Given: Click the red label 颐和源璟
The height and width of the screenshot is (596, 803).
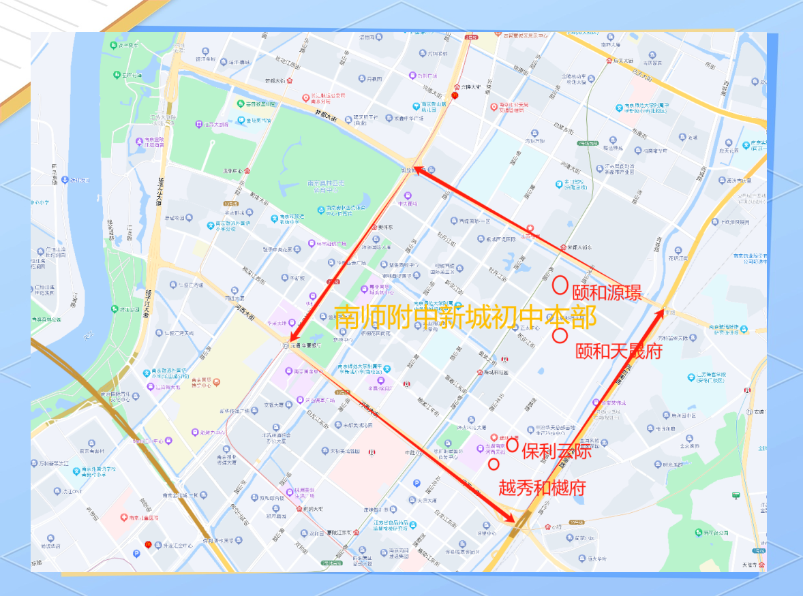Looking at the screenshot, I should [x=607, y=294].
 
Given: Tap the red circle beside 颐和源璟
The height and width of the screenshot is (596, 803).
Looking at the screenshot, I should [x=560, y=285].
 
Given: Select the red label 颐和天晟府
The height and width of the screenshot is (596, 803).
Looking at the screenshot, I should [x=618, y=351].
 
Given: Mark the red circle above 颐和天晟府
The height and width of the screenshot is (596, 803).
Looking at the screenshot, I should [x=560, y=335].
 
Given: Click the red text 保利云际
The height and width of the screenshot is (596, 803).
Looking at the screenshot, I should [x=556, y=450].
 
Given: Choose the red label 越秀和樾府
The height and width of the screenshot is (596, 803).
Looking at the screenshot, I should [x=542, y=488].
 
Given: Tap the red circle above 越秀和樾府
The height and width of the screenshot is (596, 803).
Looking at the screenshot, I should [x=494, y=465].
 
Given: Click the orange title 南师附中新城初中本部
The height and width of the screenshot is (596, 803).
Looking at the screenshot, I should [x=466, y=317].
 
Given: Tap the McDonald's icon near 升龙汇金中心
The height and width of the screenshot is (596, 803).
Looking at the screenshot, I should [x=147, y=545].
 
